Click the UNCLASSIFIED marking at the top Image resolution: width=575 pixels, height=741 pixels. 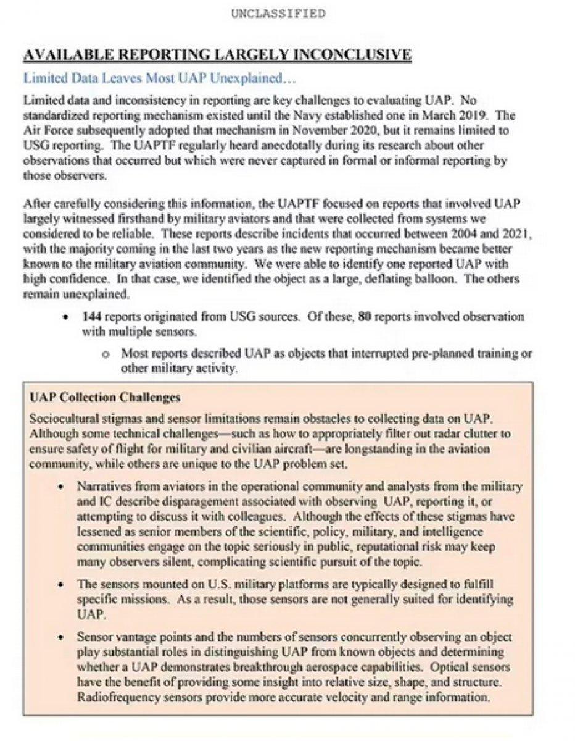pyautogui.click(x=277, y=13)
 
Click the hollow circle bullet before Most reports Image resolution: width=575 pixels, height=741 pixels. pyautogui.click(x=105, y=355)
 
